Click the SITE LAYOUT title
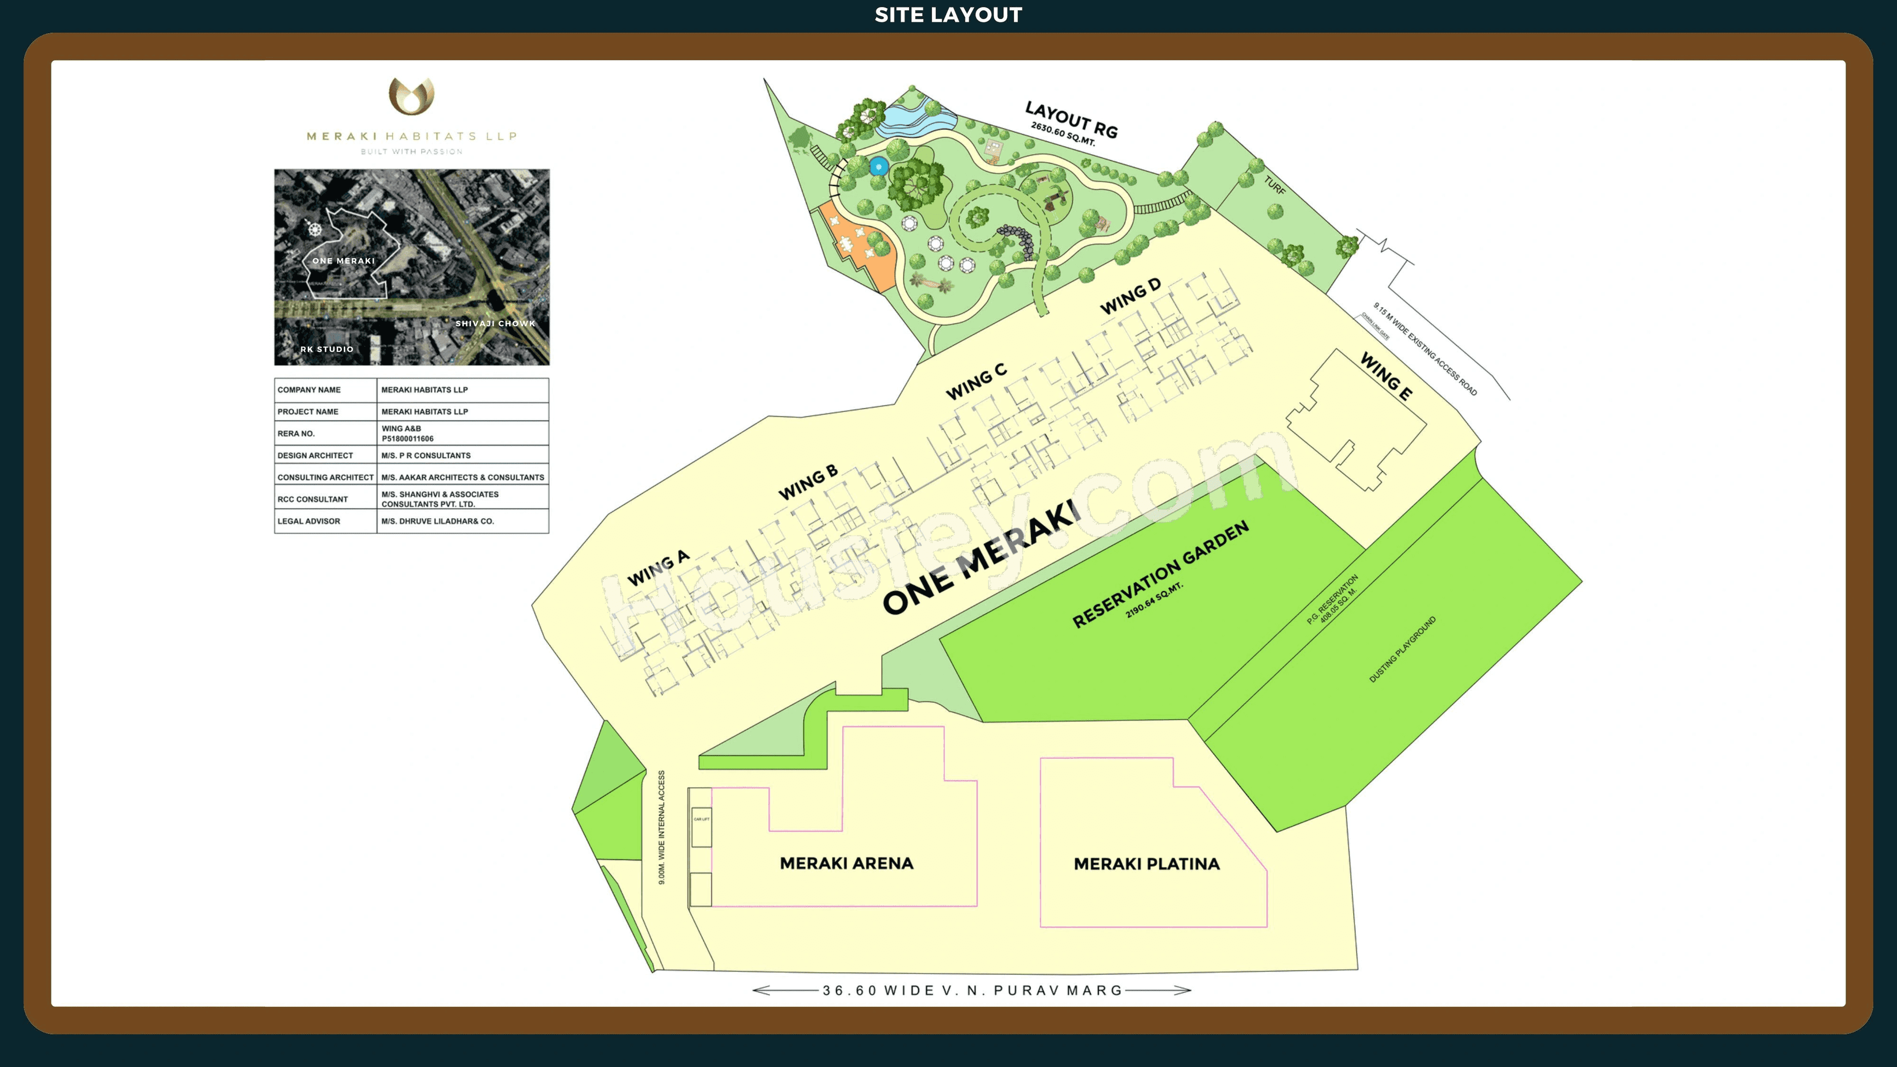[948, 15]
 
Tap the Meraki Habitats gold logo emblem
[411, 96]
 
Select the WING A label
[658, 568]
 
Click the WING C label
[976, 381]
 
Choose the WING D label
[1130, 296]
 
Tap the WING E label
[1386, 376]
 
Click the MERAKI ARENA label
[846, 863]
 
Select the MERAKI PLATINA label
[1146, 864]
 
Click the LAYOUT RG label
[1072, 119]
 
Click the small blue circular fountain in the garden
[878, 166]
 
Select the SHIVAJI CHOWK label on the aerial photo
[495, 323]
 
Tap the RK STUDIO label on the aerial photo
[327, 349]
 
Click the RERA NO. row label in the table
[296, 434]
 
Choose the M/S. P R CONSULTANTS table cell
[426, 456]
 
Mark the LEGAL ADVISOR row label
[309, 521]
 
